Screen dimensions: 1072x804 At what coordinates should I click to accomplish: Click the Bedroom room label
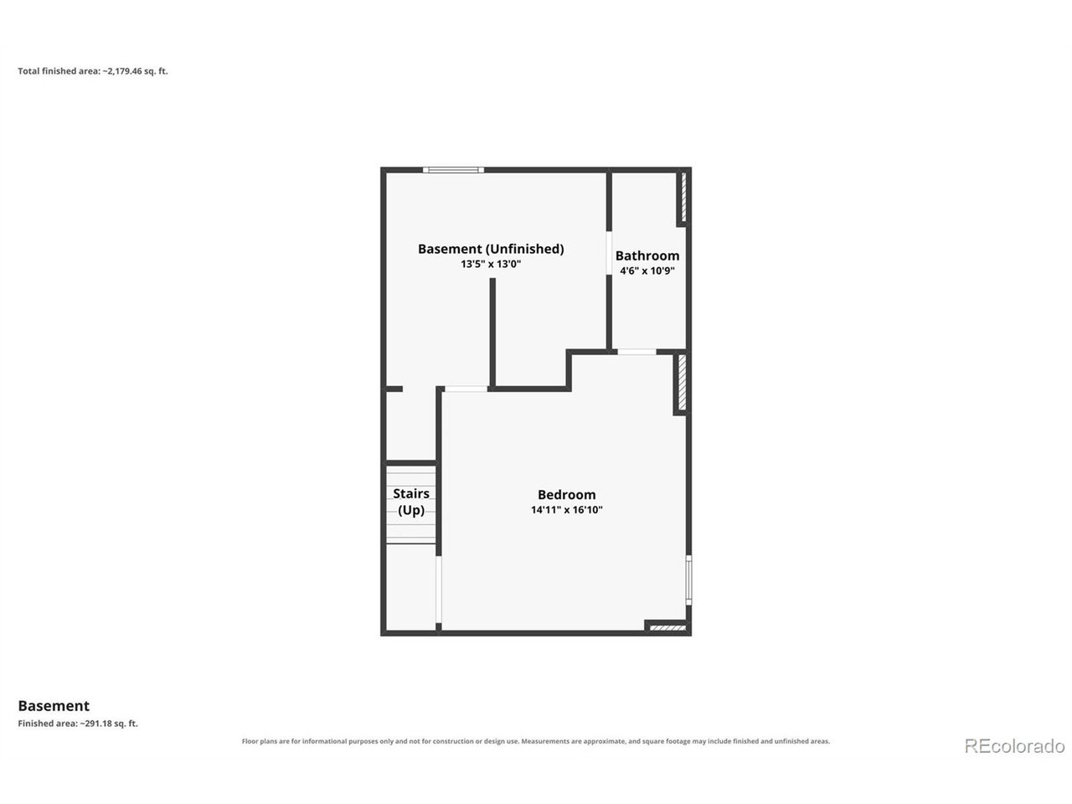(x=566, y=494)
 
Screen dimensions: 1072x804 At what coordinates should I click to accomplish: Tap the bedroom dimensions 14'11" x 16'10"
(x=566, y=510)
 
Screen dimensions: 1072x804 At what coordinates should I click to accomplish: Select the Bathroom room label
(x=647, y=255)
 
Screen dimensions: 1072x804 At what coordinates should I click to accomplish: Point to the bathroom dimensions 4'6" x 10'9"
(x=647, y=271)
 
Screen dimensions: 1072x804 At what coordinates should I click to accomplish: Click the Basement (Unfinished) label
(x=491, y=249)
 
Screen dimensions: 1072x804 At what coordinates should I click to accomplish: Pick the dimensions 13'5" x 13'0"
(x=491, y=264)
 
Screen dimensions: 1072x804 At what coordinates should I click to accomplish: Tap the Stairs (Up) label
(x=411, y=502)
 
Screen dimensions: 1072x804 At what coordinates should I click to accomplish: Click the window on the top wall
(x=453, y=170)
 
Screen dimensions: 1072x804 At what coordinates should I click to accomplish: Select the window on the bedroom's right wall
(x=688, y=580)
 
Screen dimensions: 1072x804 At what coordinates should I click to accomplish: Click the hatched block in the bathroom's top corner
(x=683, y=197)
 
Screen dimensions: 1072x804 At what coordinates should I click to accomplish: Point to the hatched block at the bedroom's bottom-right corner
(x=667, y=628)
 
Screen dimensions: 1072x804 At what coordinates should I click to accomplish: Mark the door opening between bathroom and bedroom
(x=636, y=352)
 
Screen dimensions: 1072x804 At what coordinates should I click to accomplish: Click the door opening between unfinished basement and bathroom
(x=609, y=253)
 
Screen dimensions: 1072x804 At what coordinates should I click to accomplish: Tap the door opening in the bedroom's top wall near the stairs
(x=466, y=389)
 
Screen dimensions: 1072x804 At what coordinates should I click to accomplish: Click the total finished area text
(x=93, y=71)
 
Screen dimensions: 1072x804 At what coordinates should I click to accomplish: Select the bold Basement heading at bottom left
(x=54, y=706)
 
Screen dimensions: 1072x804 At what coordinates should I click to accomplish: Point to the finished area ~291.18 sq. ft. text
(x=78, y=724)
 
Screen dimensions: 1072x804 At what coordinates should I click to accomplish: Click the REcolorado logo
(x=1014, y=746)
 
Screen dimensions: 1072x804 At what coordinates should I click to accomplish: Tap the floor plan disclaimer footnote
(x=536, y=741)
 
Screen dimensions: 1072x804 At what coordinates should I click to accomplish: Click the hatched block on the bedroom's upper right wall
(x=683, y=382)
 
